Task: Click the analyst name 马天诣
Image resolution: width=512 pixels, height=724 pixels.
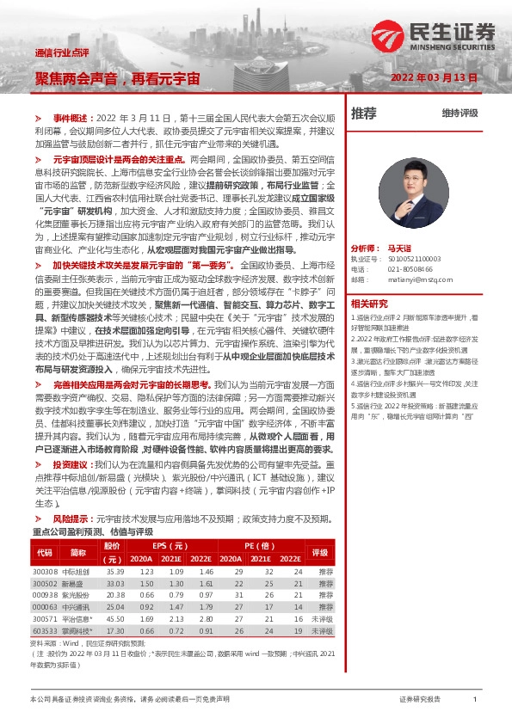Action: [401, 246]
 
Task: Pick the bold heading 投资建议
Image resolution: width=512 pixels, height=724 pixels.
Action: [71, 464]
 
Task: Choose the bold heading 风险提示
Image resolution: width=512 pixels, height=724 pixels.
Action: [71, 518]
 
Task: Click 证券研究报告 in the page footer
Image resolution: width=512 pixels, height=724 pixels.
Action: [421, 700]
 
